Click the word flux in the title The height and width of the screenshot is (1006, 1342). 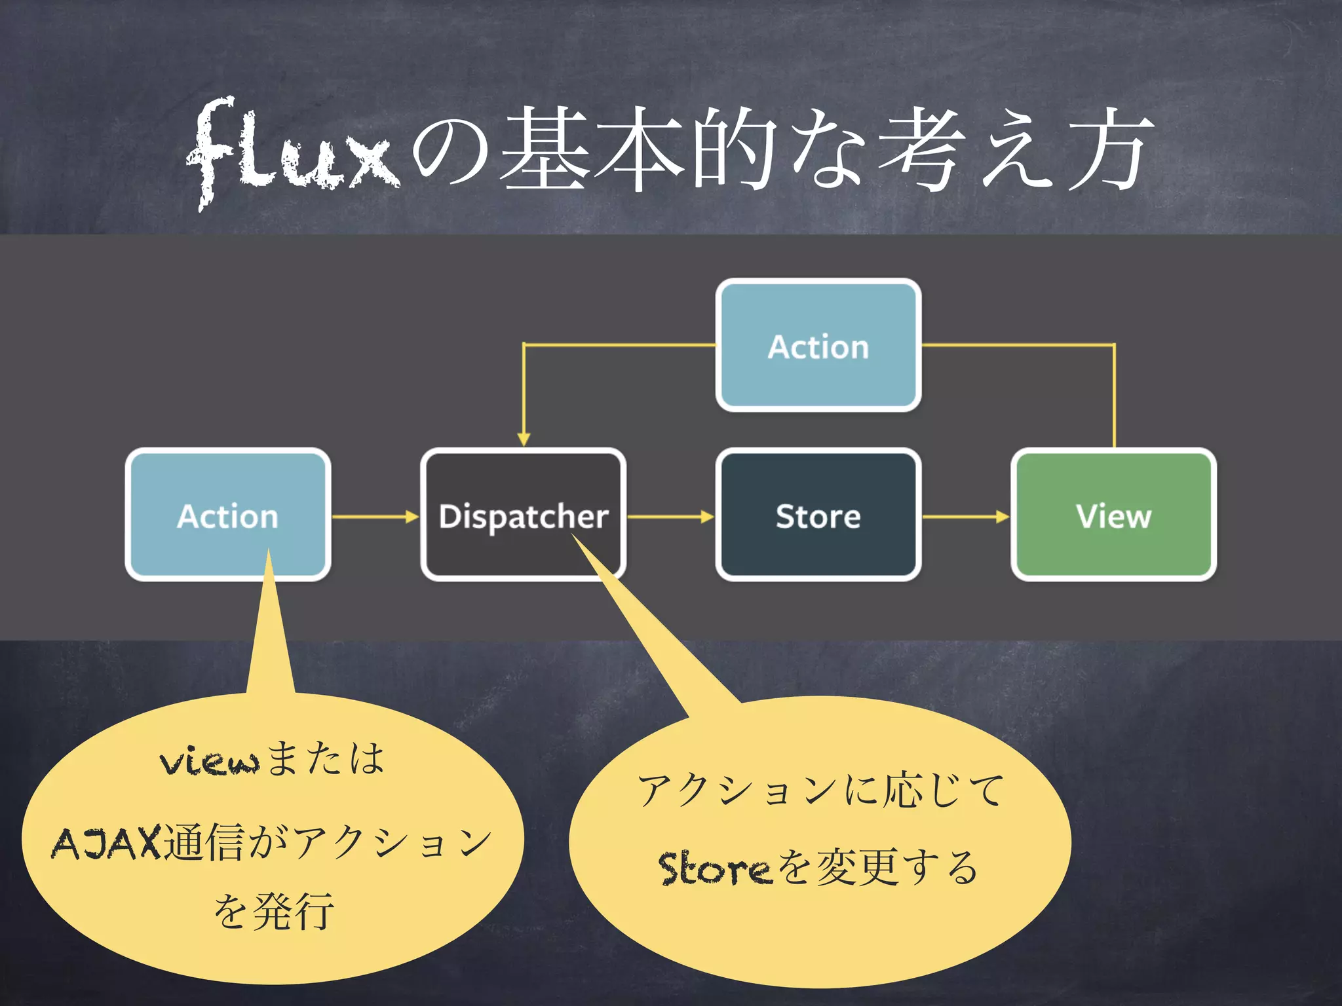point(292,151)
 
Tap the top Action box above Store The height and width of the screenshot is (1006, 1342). point(818,345)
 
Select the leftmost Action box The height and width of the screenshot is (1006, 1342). point(227,515)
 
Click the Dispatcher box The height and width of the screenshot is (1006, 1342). point(523,515)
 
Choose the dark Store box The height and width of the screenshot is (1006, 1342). point(818,515)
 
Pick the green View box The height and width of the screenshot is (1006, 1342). point(1113,515)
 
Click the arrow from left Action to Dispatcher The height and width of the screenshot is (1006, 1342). point(375,517)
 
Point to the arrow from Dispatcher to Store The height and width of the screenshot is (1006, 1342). point(670,517)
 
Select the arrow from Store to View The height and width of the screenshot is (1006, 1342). point(965,517)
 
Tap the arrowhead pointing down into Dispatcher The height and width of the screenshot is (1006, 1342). point(524,439)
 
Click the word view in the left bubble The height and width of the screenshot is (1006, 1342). point(210,761)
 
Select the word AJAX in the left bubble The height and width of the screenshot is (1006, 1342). point(106,843)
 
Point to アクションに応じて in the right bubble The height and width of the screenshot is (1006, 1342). point(820,789)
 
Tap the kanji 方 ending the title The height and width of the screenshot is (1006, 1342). point(1107,151)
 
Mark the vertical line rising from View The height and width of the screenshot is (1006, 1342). point(1115,396)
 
